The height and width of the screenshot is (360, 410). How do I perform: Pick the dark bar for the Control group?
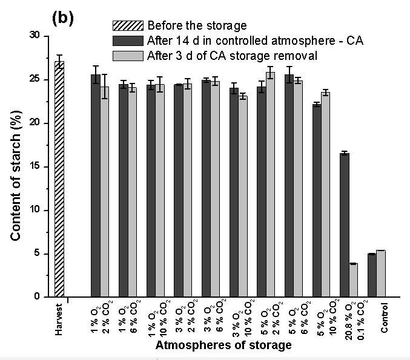point(372,275)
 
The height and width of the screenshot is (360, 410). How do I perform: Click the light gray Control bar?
point(381,273)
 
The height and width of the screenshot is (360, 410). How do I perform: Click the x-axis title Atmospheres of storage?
point(223,346)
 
